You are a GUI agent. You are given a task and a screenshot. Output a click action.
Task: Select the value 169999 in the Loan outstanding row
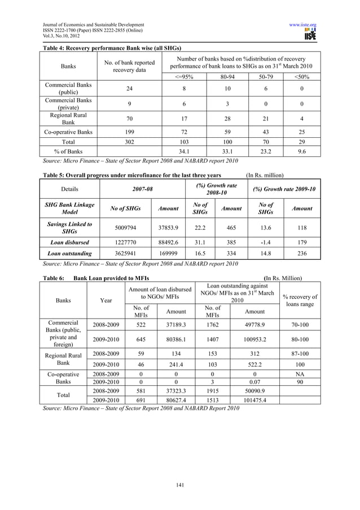coord(168,254)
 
